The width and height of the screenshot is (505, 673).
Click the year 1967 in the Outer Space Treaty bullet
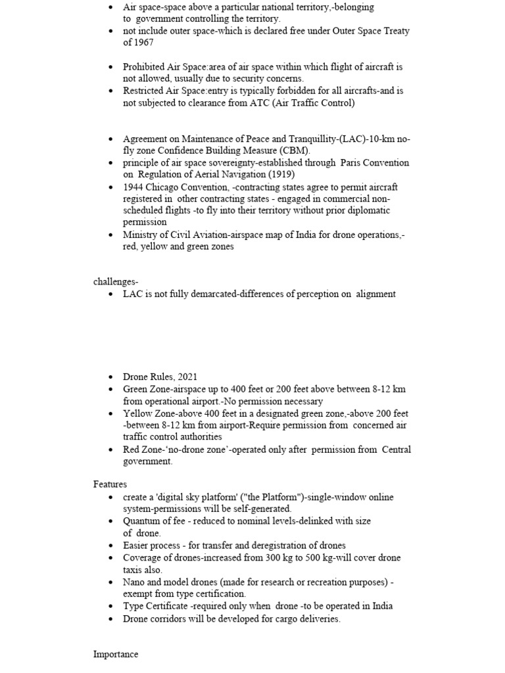pos(143,43)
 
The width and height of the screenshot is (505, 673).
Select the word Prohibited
pos(144,67)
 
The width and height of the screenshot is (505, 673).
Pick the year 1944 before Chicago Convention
pos(134,187)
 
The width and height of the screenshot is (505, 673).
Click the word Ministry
pos(140,235)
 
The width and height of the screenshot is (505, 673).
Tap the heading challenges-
pos(116,282)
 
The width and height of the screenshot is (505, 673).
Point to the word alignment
pos(376,294)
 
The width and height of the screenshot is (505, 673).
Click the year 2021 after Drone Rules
pos(186,377)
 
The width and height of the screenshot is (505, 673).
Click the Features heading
pos(110,484)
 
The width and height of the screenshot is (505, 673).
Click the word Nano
pos(134,582)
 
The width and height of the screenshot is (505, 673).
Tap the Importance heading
pos(116,655)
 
